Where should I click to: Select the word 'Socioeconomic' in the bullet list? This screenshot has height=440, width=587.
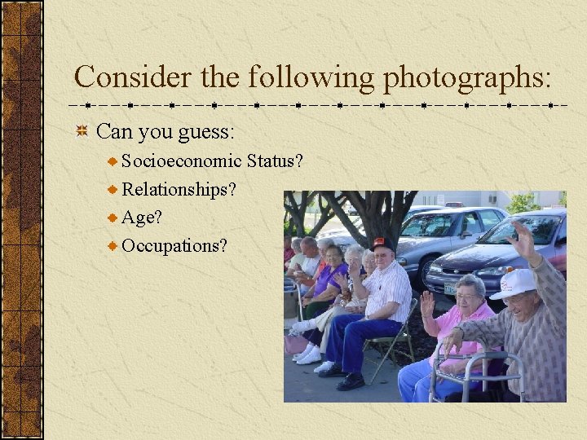pyautogui.click(x=181, y=161)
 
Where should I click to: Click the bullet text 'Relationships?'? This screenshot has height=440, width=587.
pyautogui.click(x=179, y=190)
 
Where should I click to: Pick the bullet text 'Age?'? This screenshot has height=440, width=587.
pyautogui.click(x=142, y=218)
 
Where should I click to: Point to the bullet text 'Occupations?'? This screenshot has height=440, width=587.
pyautogui.click(x=174, y=245)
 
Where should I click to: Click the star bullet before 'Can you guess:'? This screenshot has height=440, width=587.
pyautogui.click(x=82, y=131)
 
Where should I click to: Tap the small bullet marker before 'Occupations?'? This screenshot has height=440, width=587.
pyautogui.click(x=113, y=245)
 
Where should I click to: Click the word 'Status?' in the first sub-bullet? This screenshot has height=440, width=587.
pyautogui.click(x=275, y=161)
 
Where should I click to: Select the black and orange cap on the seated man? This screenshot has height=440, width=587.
pyautogui.click(x=382, y=244)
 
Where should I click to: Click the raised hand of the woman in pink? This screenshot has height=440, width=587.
pyautogui.click(x=427, y=304)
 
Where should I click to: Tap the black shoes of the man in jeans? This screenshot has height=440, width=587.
pyautogui.click(x=342, y=376)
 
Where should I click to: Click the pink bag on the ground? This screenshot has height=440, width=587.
pyautogui.click(x=295, y=344)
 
